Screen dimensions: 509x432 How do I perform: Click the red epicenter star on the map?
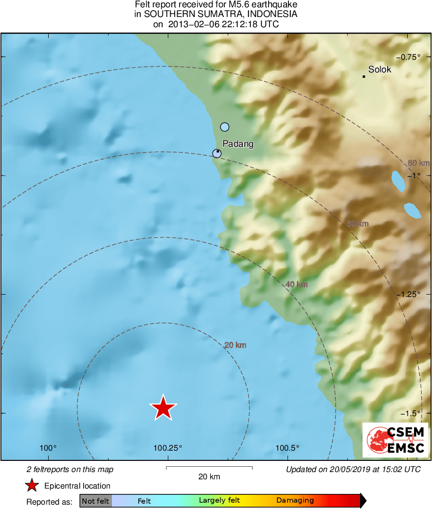pos(163,407)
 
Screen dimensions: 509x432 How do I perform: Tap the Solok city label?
pos(379,70)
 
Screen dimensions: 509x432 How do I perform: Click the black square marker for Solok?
pos(364,76)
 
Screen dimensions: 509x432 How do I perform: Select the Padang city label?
pos(238,144)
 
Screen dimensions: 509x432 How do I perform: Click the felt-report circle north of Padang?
pos(224,127)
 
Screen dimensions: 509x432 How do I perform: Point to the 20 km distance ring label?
pos(235,345)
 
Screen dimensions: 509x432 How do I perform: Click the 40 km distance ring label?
pos(296,284)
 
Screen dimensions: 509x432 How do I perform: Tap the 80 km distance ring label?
pos(418,163)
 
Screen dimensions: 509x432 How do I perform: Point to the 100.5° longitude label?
pos(288,448)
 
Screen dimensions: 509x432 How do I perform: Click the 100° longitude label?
pos(48,448)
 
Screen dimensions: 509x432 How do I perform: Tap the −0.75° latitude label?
pos(411,57)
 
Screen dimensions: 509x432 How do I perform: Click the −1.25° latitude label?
pos(411,295)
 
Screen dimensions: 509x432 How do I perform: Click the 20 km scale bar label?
pos(209,477)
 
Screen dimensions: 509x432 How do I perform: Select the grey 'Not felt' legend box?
pos(96,501)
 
